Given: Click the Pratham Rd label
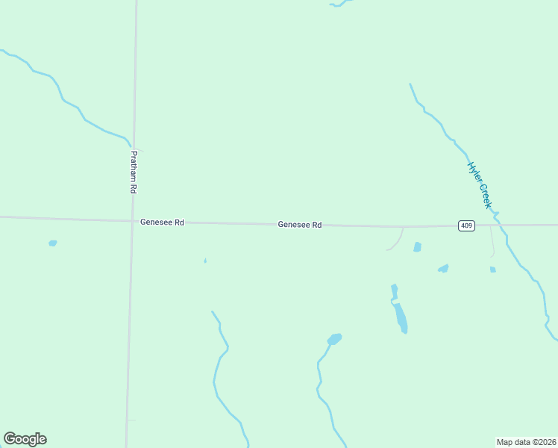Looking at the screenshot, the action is click(x=134, y=172).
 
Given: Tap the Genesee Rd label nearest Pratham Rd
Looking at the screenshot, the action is click(x=162, y=223).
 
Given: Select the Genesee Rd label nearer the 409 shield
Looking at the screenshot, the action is click(x=300, y=224).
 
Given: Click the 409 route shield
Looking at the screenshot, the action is click(x=466, y=225).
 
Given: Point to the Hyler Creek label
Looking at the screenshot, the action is click(x=480, y=185).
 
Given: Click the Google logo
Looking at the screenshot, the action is click(x=25, y=439).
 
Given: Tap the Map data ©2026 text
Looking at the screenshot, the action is click(x=527, y=442).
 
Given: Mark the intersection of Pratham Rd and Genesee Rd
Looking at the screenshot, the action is click(x=132, y=220).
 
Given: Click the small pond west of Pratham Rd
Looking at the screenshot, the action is click(x=52, y=243).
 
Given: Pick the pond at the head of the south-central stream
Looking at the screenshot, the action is click(x=334, y=339).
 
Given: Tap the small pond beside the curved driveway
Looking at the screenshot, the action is click(x=417, y=246).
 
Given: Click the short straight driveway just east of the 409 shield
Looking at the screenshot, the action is click(x=491, y=240).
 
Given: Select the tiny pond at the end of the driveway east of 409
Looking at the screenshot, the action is click(x=493, y=270).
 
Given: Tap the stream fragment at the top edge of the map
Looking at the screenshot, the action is click(x=340, y=4).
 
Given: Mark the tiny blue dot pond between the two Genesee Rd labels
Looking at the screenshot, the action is click(x=205, y=261).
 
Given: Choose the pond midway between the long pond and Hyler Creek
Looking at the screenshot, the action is click(x=444, y=268).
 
